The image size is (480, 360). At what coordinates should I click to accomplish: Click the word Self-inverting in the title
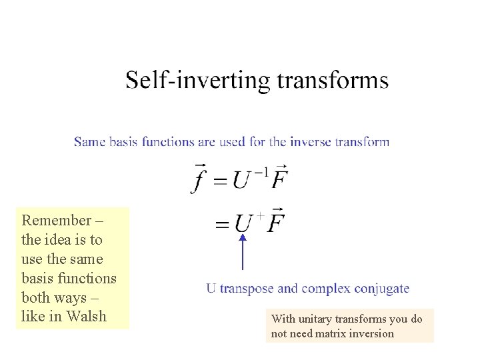click(198, 81)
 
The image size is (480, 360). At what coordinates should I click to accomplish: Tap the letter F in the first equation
click(280, 179)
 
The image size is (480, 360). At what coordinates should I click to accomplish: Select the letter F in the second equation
click(275, 222)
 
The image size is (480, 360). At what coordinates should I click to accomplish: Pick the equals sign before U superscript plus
click(222, 225)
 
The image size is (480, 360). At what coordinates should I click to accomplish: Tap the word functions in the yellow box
click(86, 278)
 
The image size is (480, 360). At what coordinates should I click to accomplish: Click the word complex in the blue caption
click(326, 289)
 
